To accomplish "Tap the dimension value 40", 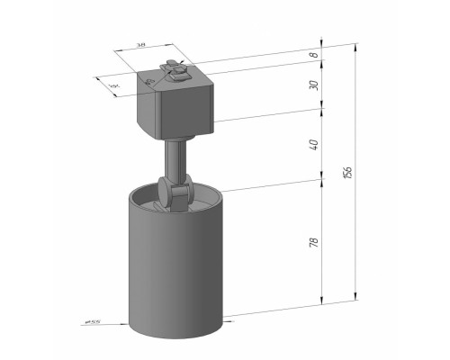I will pyautogui.click(x=312, y=144).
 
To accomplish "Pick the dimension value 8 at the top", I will pyautogui.click(x=312, y=54).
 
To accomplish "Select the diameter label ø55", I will pyautogui.click(x=90, y=321).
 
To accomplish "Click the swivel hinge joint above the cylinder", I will pyautogui.click(x=175, y=194).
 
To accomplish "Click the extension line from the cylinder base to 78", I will pyautogui.click(x=270, y=310).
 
